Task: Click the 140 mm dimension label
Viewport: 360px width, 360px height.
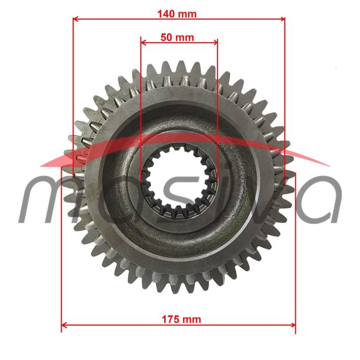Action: (x=177, y=14)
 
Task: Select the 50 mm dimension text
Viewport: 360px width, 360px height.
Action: (x=177, y=38)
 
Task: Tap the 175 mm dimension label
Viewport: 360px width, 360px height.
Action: (x=182, y=319)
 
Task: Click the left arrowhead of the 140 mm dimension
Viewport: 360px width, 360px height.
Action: (x=75, y=19)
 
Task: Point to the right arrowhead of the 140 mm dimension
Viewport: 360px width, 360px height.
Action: (x=282, y=19)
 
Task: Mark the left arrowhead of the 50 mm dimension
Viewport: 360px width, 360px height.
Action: (x=143, y=42)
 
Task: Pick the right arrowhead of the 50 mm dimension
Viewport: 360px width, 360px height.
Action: (x=215, y=42)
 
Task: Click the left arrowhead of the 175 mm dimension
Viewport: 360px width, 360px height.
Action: (x=64, y=325)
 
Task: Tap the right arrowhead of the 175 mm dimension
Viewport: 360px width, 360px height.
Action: (x=293, y=325)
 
